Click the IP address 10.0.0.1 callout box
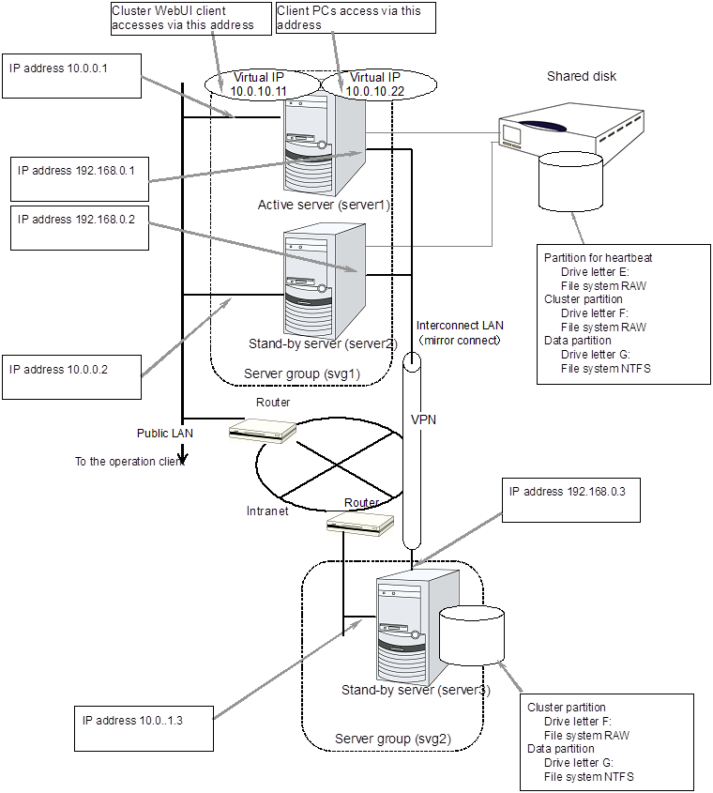(x=71, y=75)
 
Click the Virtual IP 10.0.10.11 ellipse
(x=258, y=84)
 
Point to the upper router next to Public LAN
(x=263, y=430)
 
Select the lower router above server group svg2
(x=357, y=523)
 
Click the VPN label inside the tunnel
(x=424, y=420)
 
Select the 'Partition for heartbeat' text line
(x=598, y=258)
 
